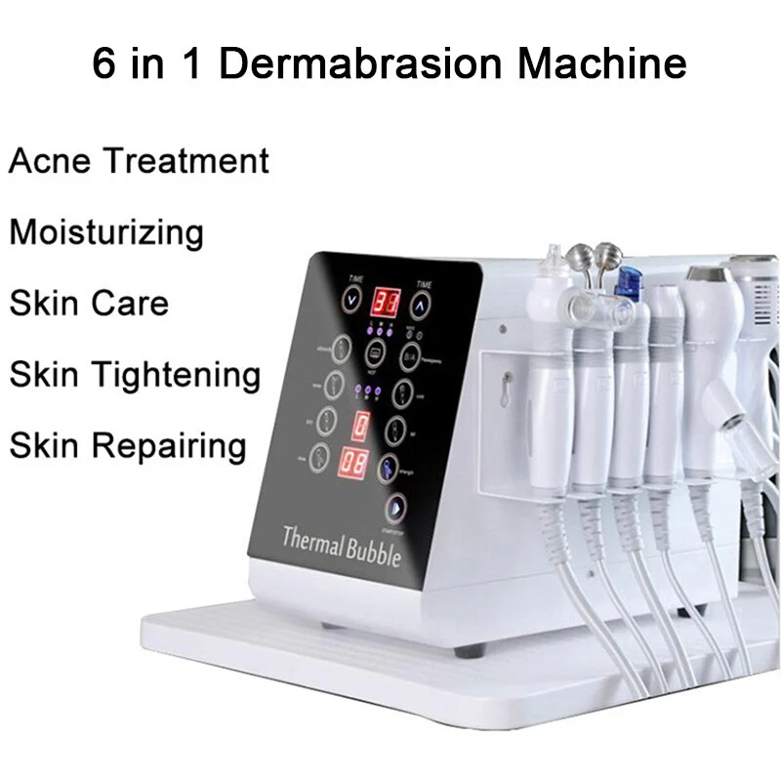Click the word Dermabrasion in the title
click(x=367, y=64)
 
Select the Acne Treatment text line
click(x=139, y=160)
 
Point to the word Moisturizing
click(x=106, y=232)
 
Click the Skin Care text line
click(x=89, y=303)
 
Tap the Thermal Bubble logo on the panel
click(x=341, y=543)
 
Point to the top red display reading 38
click(x=389, y=299)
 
